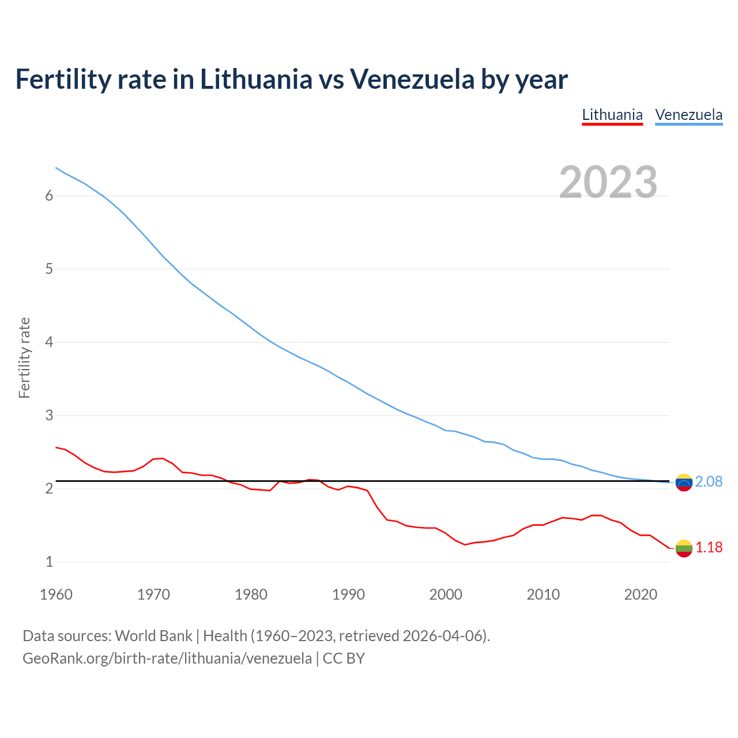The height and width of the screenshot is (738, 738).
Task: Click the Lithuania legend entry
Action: point(612,115)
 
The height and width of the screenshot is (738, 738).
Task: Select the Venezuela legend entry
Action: point(688,115)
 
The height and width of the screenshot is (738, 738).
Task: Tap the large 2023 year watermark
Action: point(608,182)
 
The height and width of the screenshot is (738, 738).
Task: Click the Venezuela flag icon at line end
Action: point(684,482)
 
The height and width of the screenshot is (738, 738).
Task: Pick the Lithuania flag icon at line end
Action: point(684,548)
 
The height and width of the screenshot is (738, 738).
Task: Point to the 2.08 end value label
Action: point(709,481)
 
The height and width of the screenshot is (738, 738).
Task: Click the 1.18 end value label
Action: point(709,547)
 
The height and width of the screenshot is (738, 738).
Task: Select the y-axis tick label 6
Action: point(49,196)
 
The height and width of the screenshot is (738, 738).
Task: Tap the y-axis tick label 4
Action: point(49,342)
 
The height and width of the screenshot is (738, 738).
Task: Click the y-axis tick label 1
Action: point(49,562)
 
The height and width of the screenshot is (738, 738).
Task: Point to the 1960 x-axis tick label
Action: point(56,594)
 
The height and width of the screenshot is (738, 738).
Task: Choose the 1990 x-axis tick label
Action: point(348,594)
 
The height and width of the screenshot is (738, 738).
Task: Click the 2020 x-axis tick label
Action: point(641,594)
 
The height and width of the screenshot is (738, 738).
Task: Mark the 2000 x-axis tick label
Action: point(446,594)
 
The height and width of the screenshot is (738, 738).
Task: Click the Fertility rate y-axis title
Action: point(24,357)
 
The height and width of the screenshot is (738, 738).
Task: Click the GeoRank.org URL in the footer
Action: point(167,658)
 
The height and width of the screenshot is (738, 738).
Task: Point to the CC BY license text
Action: point(344,658)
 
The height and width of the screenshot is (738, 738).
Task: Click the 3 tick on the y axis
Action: point(49,415)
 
